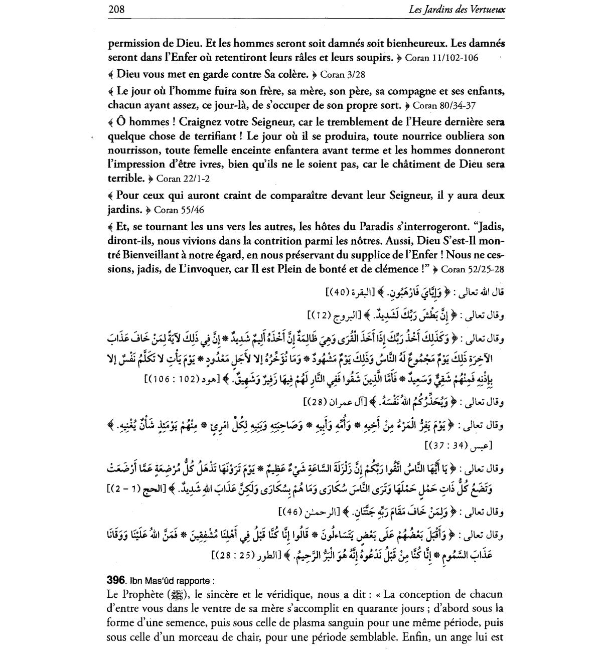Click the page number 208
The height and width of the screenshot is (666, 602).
(x=116, y=9)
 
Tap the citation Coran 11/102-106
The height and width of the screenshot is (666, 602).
(x=441, y=58)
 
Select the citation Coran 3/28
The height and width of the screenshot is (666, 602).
(x=343, y=75)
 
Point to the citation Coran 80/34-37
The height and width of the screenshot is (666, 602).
(x=444, y=106)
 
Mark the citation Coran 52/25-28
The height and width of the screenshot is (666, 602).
(x=472, y=270)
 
